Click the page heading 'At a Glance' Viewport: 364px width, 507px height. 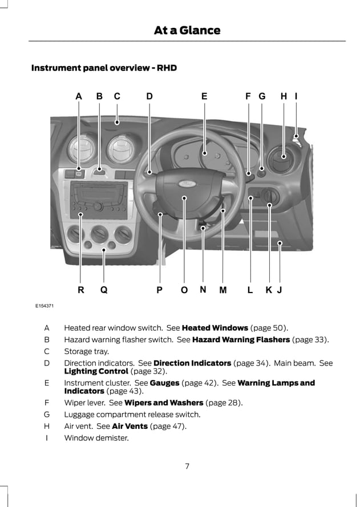pos(187,30)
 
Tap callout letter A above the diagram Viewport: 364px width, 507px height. pos(79,97)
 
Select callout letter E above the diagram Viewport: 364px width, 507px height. pos(204,97)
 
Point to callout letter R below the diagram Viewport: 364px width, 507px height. pos(81,290)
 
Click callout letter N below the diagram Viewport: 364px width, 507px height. pos(203,289)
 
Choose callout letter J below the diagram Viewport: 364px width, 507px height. pos(280,290)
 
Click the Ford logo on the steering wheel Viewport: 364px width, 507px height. pos(185,184)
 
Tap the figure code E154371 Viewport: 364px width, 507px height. pos(44,306)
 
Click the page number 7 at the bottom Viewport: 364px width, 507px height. pos(187,466)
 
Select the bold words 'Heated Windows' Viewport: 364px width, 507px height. pos(215,328)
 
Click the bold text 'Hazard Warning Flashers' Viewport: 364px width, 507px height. pos(241,339)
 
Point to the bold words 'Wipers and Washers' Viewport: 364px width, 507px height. pos(164,403)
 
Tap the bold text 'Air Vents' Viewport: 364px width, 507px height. pos(130,426)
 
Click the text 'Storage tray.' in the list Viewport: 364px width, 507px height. pos(86,351)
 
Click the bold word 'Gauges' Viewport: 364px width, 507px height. pos(164,383)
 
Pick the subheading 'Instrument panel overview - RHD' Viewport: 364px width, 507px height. pos(104,68)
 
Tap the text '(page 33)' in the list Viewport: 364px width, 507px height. pos(310,339)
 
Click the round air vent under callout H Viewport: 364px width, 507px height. pos(283,160)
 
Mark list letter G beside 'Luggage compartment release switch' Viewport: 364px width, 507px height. pos(47,415)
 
